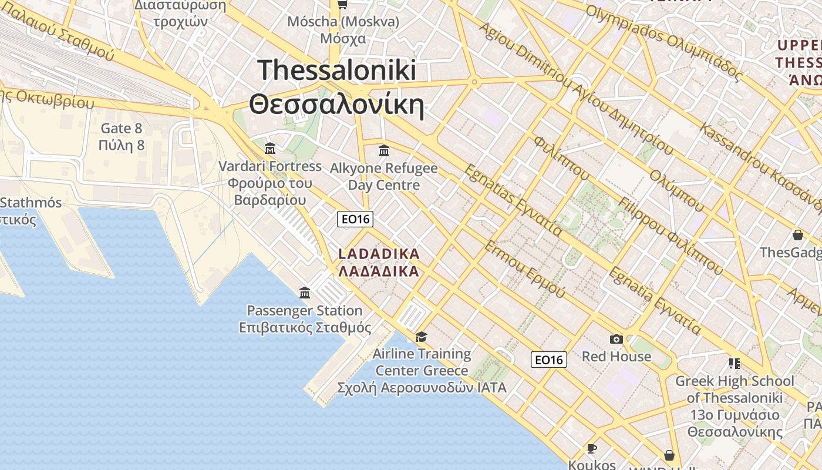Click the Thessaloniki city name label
pos(337,88)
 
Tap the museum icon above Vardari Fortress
pos(270,148)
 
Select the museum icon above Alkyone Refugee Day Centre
pos(384,151)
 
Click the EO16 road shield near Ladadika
pos(356,219)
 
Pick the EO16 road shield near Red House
pos(549,360)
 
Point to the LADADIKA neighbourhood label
pos(379,263)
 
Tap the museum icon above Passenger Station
pos(305,293)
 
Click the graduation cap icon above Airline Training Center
pos(421,337)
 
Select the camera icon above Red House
pos(616,339)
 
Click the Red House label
pos(616,357)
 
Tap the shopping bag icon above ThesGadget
pos(798,235)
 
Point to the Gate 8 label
pos(122,136)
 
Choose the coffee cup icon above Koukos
pos(592,449)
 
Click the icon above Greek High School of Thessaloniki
pos(735,364)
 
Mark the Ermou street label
pos(524,268)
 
